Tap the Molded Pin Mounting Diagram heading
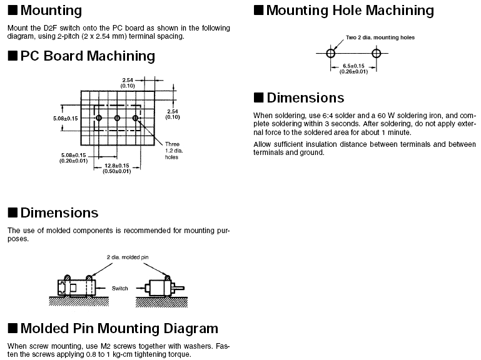tap(119, 329)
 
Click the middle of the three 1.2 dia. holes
tap(117, 118)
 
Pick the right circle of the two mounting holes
tap(376, 54)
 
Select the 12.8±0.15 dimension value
tap(117, 166)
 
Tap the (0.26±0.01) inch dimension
tap(353, 71)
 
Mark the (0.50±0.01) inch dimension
tap(117, 171)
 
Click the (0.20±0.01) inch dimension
tap(74, 161)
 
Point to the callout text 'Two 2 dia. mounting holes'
tap(380, 37)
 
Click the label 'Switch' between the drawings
tap(119, 288)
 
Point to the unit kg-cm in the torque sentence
tap(119, 354)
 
